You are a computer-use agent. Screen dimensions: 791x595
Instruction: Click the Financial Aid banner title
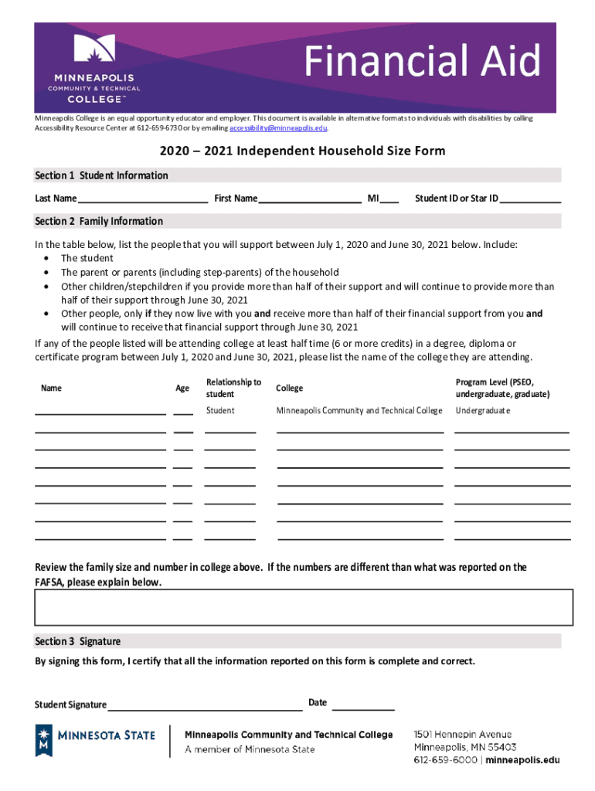coord(421,62)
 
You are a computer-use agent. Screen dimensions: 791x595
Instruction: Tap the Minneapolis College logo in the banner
coord(93,70)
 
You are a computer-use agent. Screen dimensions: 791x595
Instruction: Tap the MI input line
coord(389,200)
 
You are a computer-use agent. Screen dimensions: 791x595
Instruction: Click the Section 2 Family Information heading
coord(99,221)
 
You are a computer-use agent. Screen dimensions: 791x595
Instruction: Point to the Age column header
coord(182,389)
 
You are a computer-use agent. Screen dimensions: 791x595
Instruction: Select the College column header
coord(289,389)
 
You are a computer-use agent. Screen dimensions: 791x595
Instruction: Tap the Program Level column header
coord(502,388)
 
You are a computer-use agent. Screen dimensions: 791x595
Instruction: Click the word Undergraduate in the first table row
coord(483,411)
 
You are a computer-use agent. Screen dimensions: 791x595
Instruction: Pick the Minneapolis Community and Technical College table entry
coord(359,411)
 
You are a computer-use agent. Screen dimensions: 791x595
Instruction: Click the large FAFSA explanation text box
coord(304,607)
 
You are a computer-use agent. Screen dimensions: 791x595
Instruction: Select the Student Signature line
coord(205,704)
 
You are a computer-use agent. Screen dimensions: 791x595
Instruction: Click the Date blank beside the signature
coord(363,704)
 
